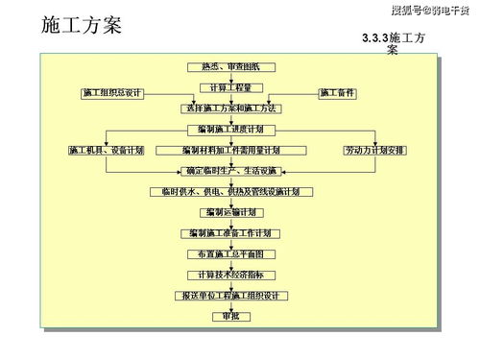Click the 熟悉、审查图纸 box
[230, 66]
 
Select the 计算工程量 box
[230, 87]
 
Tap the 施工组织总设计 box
[111, 93]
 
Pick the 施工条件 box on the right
[337, 93]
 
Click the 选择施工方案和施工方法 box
[230, 108]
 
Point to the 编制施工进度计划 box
[230, 129]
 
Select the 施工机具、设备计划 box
[106, 150]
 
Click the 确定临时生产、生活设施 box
[230, 171]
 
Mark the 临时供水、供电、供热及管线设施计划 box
[230, 192]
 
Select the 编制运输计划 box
[230, 212]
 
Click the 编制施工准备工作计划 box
[230, 233]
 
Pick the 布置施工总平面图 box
[230, 254]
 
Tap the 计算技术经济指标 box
[230, 275]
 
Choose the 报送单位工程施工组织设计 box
[230, 296]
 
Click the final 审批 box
[230, 317]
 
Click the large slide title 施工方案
[82, 24]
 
